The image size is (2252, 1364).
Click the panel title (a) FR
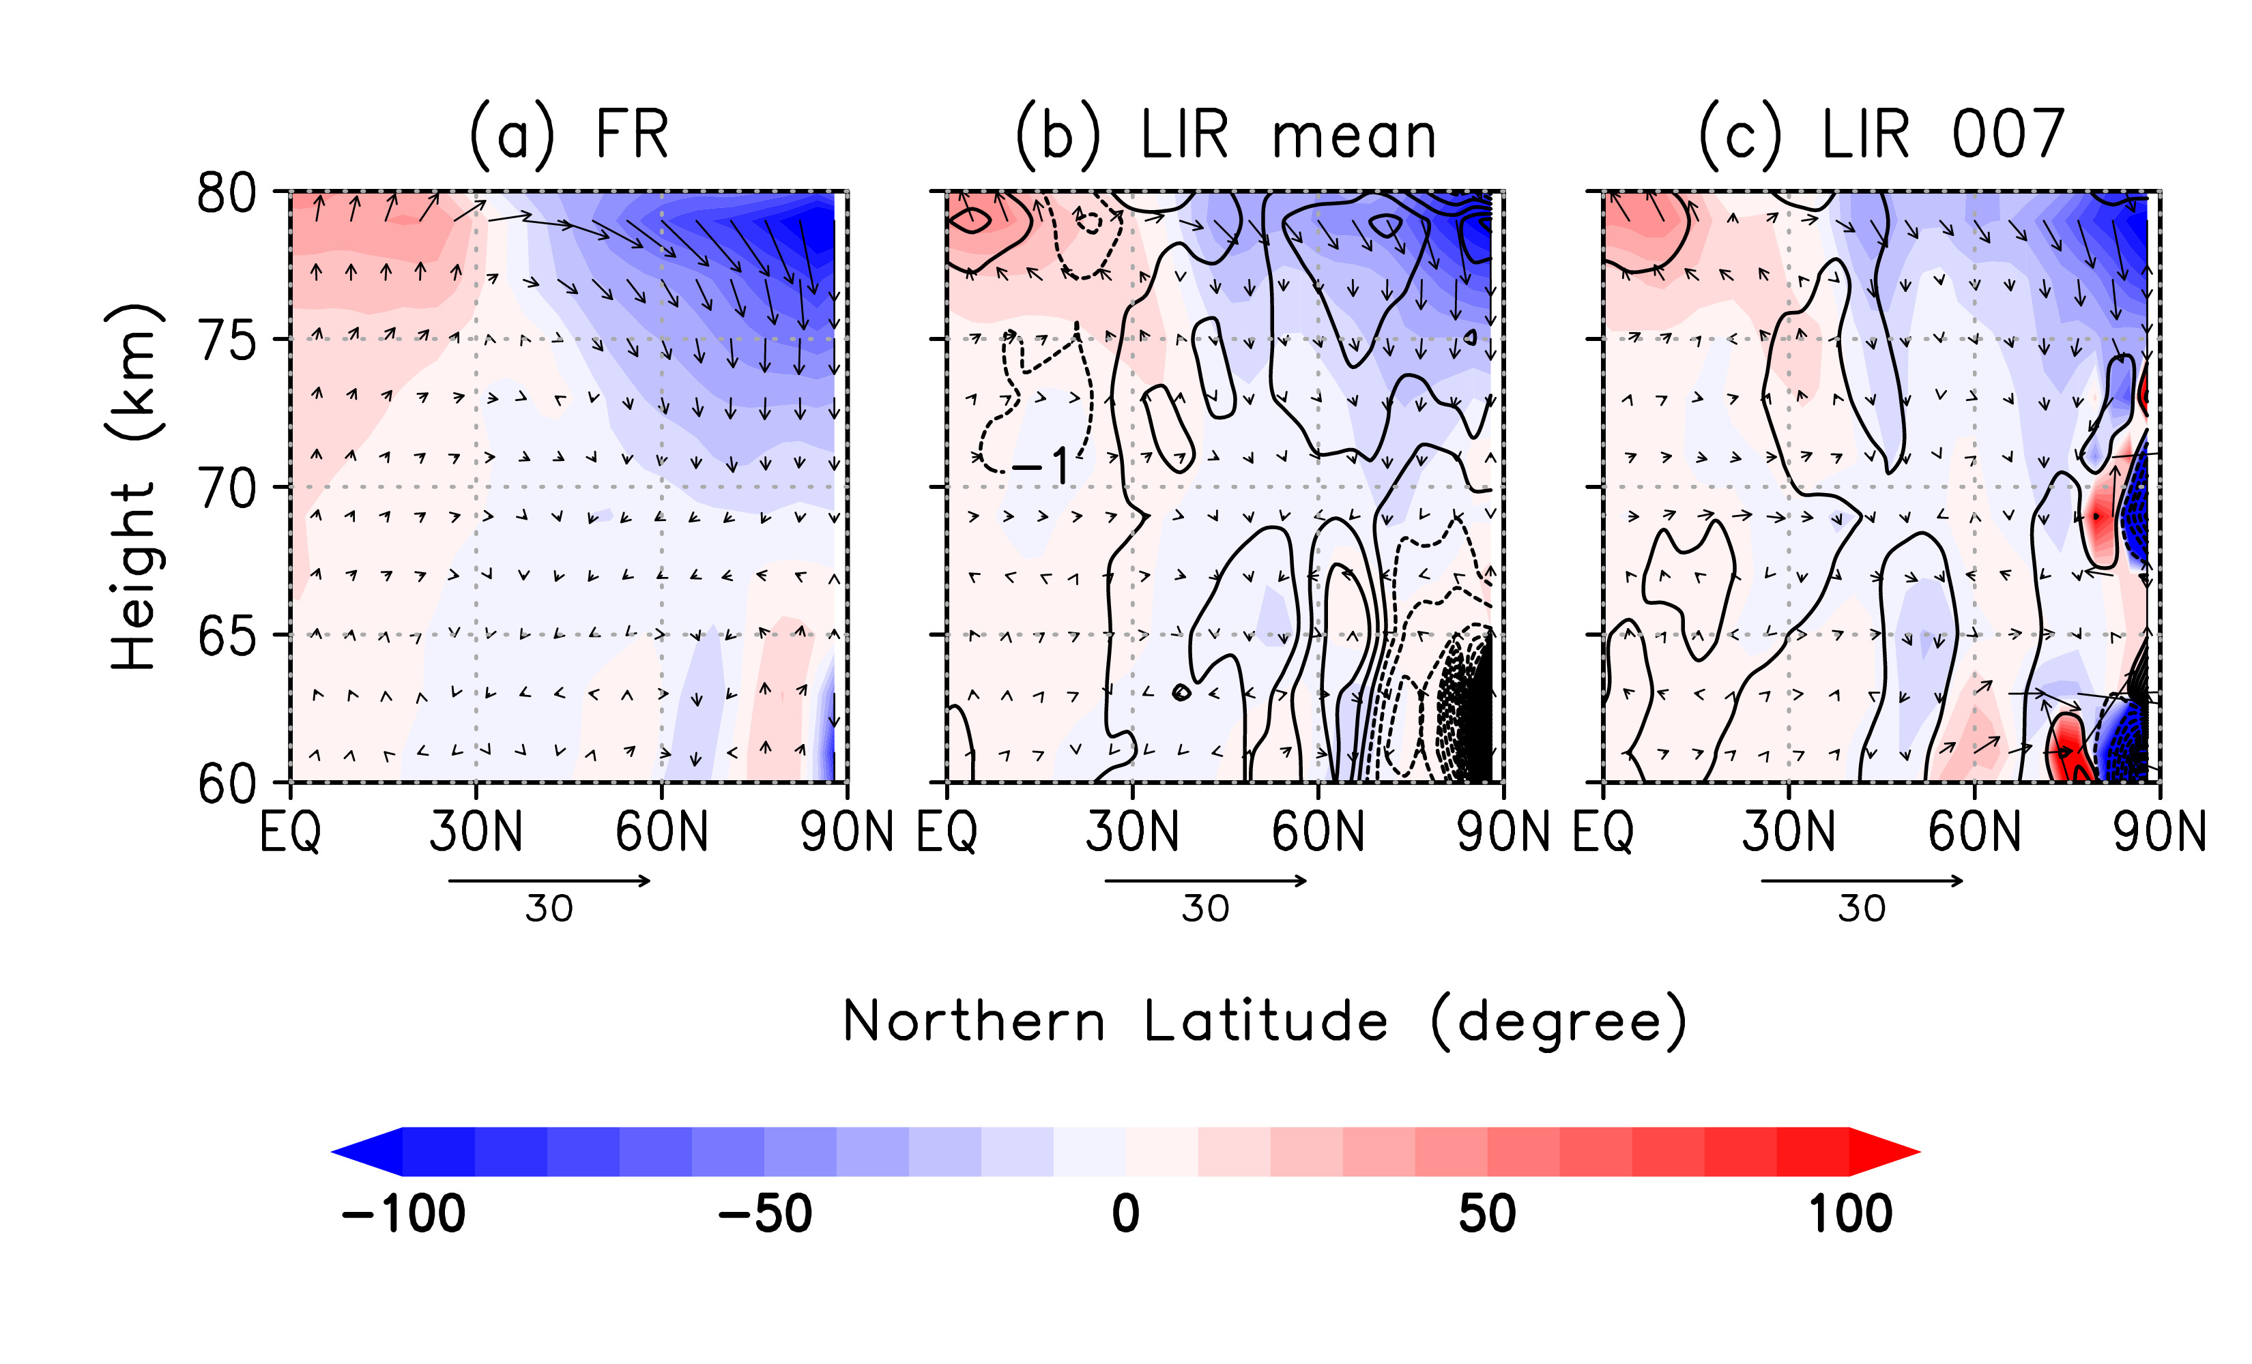pos(568,135)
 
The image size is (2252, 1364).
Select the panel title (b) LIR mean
pos(1225,137)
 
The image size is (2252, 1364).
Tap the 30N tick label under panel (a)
pos(476,832)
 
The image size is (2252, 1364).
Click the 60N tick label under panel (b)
pos(1318,832)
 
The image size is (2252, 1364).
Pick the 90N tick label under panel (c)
pos(2159,832)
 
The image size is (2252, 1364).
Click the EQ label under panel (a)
pos(291,832)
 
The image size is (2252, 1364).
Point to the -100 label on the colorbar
pos(403,1214)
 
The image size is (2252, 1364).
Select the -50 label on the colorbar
pos(765,1214)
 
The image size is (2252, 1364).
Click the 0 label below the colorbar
pos(1126,1214)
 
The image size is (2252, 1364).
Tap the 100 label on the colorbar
pos(1850,1214)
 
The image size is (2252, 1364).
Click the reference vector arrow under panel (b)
pos(1206,880)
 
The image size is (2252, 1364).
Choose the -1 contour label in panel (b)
pos(1042,467)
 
